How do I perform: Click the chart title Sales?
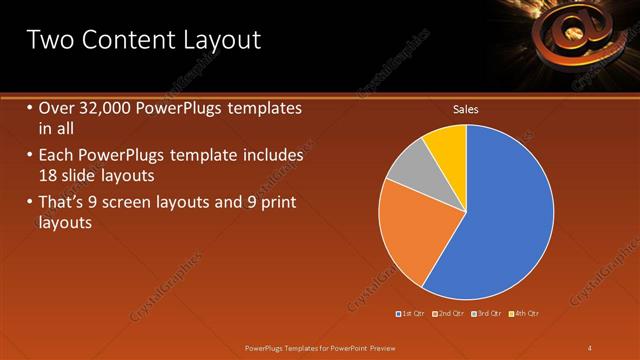coord(465,109)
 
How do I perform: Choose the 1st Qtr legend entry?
coord(412,313)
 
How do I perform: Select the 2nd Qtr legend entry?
coord(450,313)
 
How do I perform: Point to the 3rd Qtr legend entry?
coord(488,313)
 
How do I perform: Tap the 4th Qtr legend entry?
coord(525,313)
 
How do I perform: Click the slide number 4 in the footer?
coord(590,347)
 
